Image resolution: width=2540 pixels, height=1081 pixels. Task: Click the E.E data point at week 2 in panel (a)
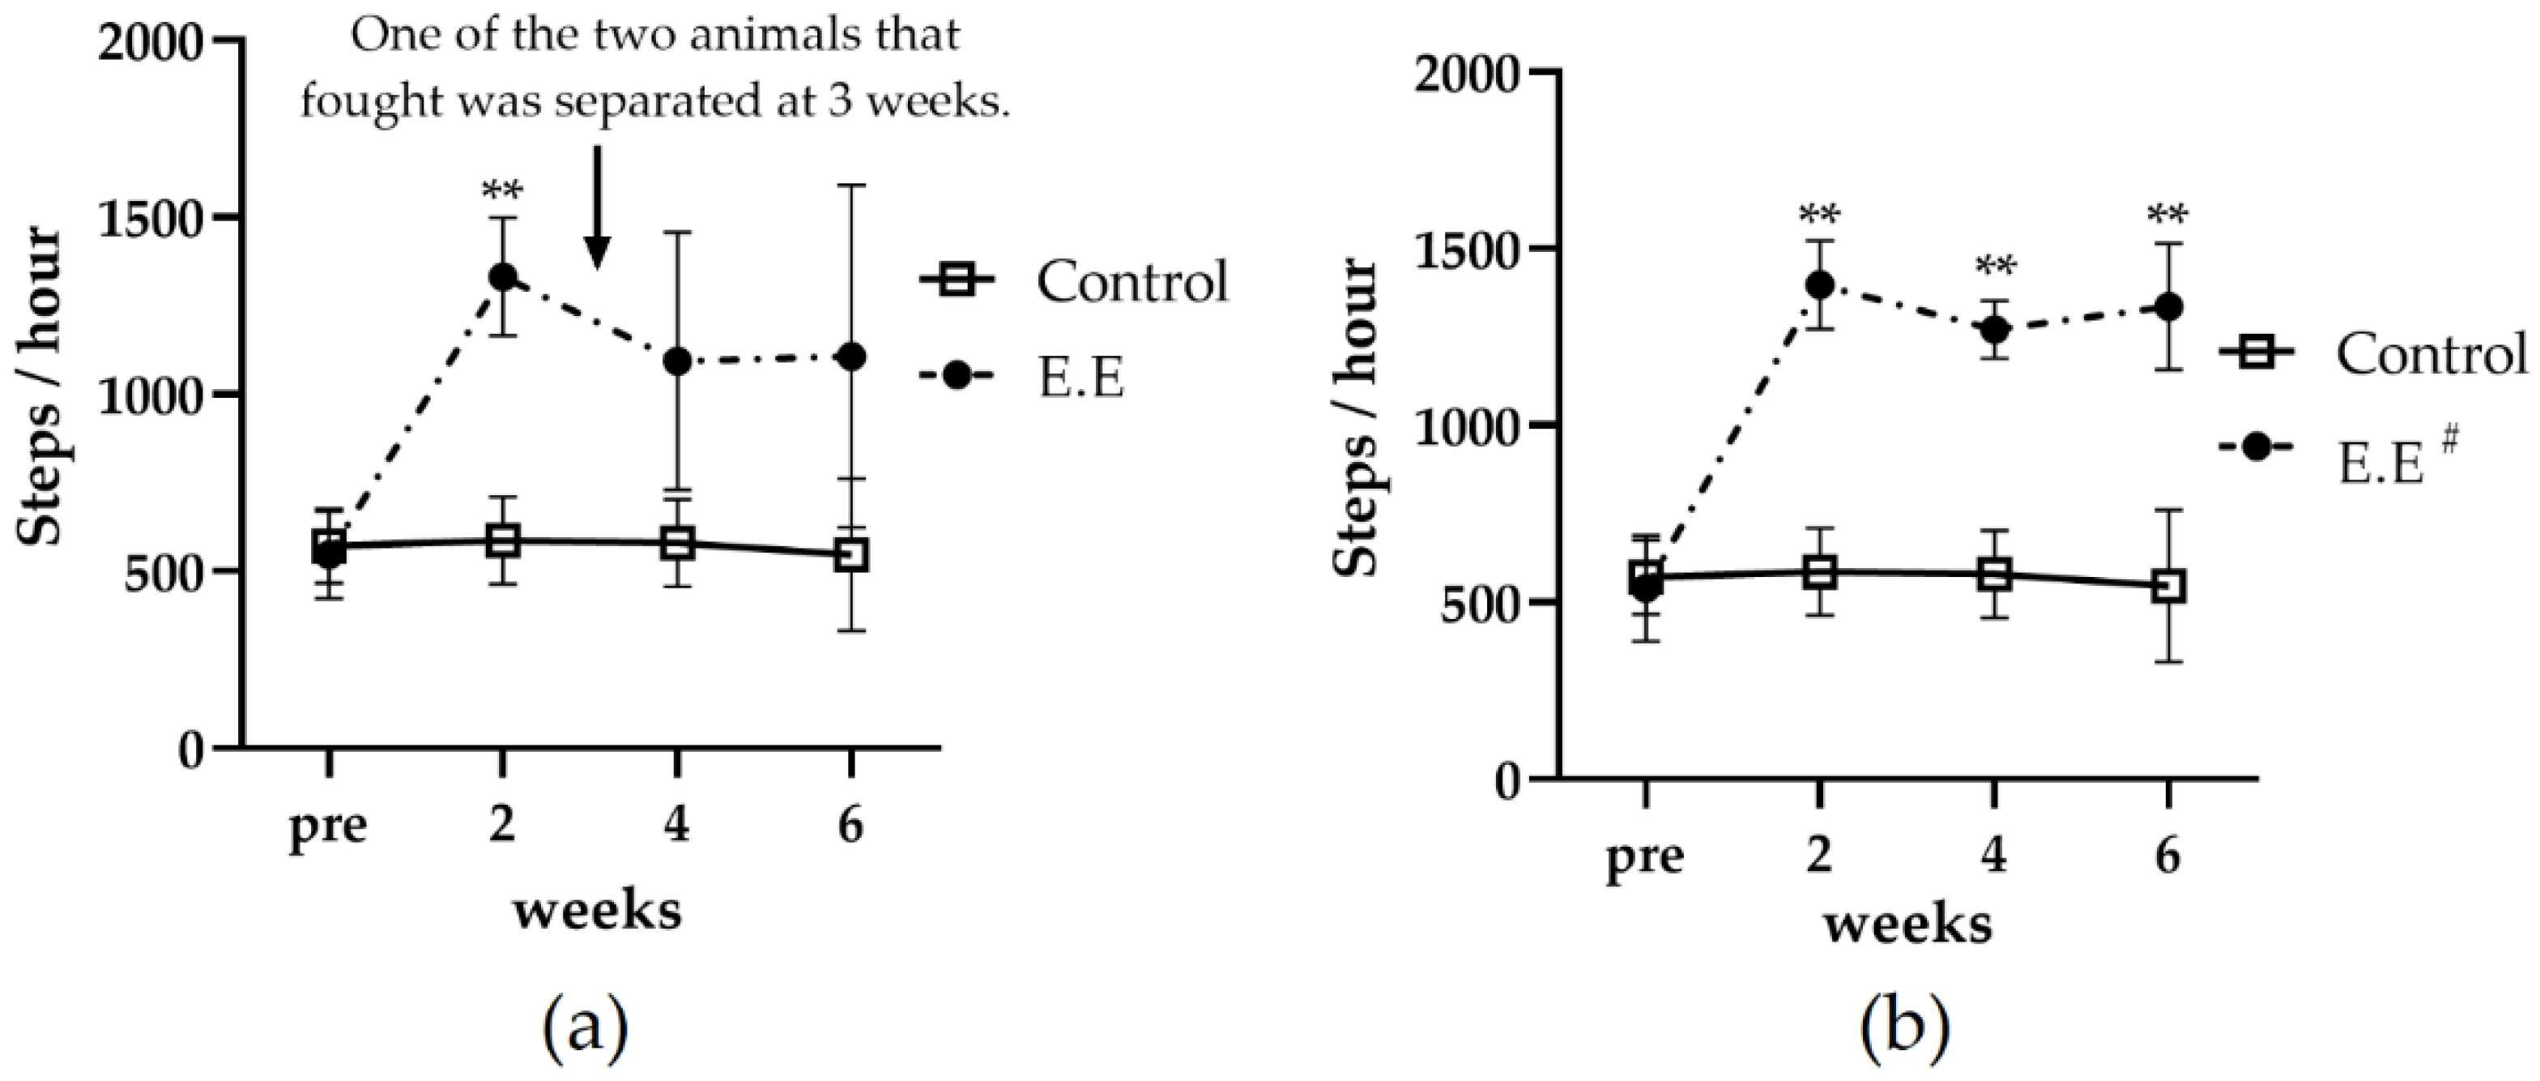pyautogui.click(x=503, y=277)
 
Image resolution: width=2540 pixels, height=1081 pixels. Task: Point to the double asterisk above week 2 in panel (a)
pyautogui.click(x=503, y=190)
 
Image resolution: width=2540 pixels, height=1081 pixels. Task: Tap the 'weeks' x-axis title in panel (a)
pyautogui.click(x=598, y=909)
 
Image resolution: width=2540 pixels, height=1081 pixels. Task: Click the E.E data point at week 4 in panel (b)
pyautogui.click(x=1994, y=328)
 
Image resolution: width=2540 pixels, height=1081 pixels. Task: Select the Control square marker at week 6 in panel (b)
pyautogui.click(x=2167, y=586)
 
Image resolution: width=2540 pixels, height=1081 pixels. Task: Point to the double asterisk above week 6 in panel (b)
pyautogui.click(x=2167, y=215)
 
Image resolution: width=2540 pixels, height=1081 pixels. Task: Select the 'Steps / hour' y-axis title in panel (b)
pyautogui.click(x=1357, y=418)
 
